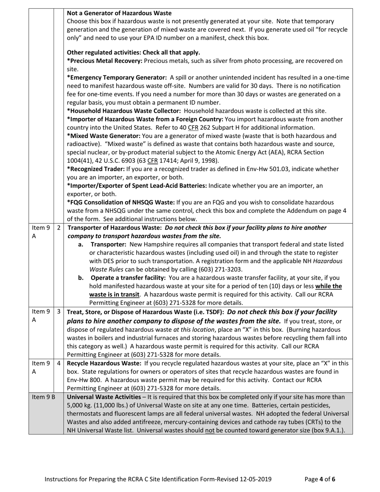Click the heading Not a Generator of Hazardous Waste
tap(119, 13)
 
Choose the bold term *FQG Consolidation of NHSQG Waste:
tap(121, 202)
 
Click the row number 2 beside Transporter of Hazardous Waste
tap(59, 228)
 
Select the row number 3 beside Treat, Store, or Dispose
tap(59, 312)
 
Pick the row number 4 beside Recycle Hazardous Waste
tap(59, 363)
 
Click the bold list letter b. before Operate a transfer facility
tap(81, 278)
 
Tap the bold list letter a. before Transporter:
tap(81, 244)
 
